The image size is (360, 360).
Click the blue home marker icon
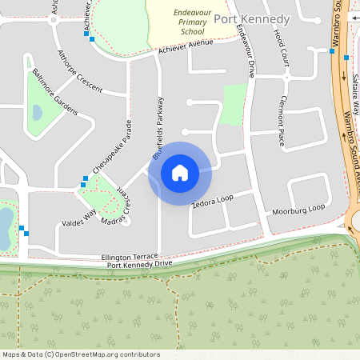[x=180, y=173]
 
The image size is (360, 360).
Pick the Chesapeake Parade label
[x=111, y=146]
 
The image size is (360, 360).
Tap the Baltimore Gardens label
[x=55, y=92]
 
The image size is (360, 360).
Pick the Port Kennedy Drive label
[x=140, y=263]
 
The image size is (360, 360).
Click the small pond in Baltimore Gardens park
[x=37, y=113]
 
